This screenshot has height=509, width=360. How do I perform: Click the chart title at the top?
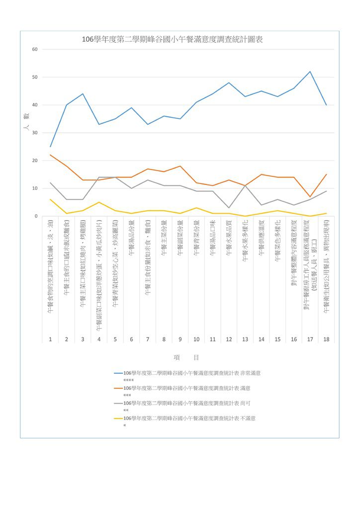click(x=172, y=40)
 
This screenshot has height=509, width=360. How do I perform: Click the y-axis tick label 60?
click(x=35, y=49)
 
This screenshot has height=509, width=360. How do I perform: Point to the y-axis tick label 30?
click(x=35, y=133)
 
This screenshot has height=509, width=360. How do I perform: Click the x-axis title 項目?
click(x=186, y=357)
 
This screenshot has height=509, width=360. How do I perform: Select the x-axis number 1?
click(x=50, y=339)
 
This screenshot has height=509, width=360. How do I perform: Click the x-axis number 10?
click(x=196, y=339)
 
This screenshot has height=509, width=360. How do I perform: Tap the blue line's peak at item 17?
click(x=310, y=72)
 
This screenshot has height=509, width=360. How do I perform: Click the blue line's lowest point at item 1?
click(x=50, y=147)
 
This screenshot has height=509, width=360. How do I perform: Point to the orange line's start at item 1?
click(x=50, y=155)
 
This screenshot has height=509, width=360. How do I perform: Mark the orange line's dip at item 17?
click(x=310, y=197)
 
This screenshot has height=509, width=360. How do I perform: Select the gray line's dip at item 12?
click(x=229, y=208)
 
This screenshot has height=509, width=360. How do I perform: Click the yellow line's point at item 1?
click(x=50, y=199)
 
